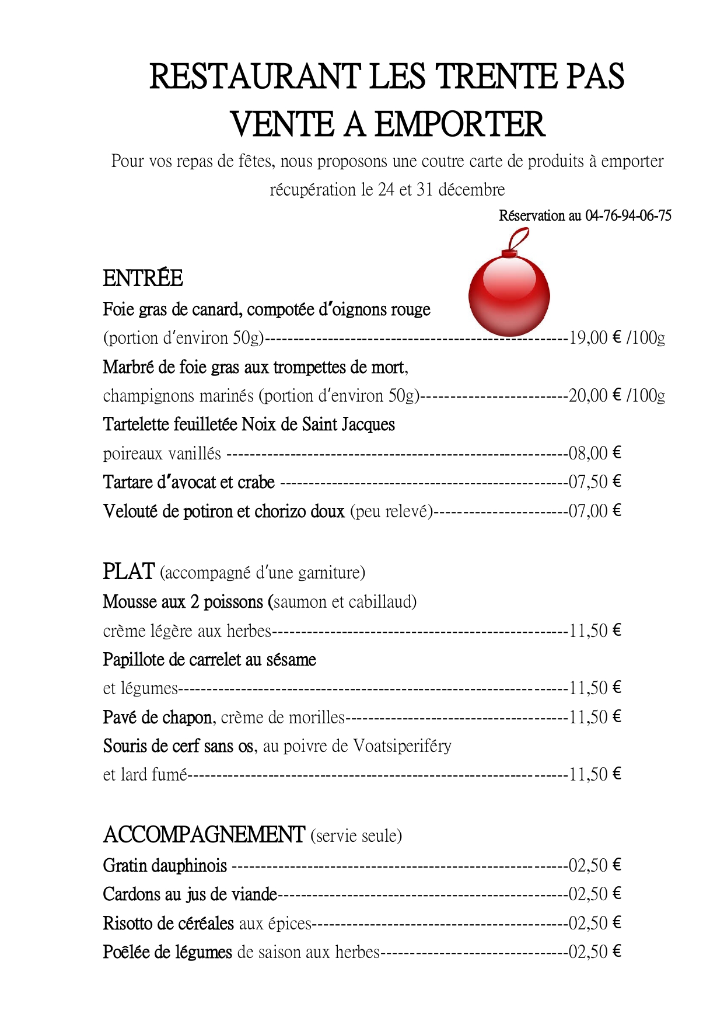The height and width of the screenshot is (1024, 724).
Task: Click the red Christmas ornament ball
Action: [509, 295]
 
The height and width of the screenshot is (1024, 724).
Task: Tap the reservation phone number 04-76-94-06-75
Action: [628, 215]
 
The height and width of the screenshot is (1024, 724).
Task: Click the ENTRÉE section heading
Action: [143, 278]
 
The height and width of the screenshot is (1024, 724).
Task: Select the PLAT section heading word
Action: [128, 571]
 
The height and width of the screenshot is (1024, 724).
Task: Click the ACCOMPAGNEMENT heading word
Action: [204, 835]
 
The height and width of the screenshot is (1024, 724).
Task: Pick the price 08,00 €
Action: [594, 453]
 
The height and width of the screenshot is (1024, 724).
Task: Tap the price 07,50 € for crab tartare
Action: [594, 482]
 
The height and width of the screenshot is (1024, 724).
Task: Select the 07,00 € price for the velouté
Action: [594, 511]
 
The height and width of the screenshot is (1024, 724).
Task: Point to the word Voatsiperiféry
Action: [402, 746]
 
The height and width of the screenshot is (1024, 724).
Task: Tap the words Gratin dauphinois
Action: [165, 865]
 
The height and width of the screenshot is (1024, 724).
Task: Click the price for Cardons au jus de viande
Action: [594, 894]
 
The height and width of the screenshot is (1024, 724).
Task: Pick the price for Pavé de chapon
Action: [594, 717]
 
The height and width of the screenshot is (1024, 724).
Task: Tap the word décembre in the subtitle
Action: [471, 189]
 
